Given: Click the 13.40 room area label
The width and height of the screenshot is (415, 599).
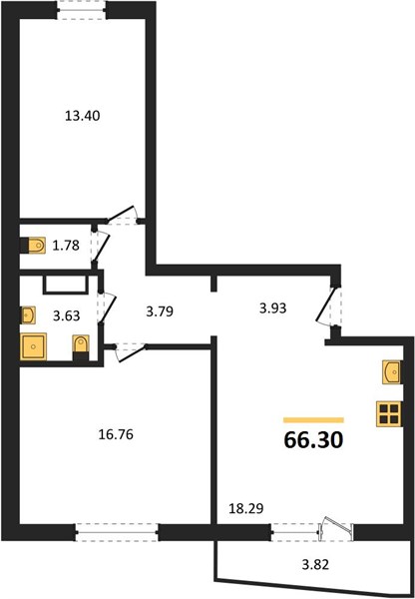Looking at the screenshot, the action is click(82, 116).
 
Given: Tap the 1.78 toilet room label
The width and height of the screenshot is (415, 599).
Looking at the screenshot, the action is click(66, 246).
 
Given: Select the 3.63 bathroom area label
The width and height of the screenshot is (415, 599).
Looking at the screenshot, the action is click(67, 315).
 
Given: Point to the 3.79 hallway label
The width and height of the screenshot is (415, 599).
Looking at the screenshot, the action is click(160, 311).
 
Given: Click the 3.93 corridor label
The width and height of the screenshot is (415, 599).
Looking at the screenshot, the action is click(272, 307).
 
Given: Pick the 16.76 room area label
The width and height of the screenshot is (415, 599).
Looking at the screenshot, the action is click(116, 434).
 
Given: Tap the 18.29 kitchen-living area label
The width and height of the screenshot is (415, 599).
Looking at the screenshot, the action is click(245, 508).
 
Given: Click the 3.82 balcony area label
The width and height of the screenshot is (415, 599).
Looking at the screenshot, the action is click(315, 564).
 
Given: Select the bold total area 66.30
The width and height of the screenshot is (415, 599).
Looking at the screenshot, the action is click(313, 440).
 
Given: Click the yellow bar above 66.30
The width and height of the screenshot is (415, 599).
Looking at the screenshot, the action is click(313, 420).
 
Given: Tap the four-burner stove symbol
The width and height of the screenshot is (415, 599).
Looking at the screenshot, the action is click(389, 413).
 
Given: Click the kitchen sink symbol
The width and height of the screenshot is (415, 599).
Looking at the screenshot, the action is click(391, 372).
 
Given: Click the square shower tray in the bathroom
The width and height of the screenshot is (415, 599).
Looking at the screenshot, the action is click(34, 346).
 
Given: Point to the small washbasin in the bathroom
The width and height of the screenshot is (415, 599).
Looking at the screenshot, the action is click(28, 315).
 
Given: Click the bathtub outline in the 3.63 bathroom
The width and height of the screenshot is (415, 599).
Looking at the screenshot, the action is click(65, 285).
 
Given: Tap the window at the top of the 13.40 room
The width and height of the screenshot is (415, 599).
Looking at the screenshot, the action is click(82, 10).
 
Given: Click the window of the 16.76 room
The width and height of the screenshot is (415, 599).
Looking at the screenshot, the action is click(117, 532).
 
